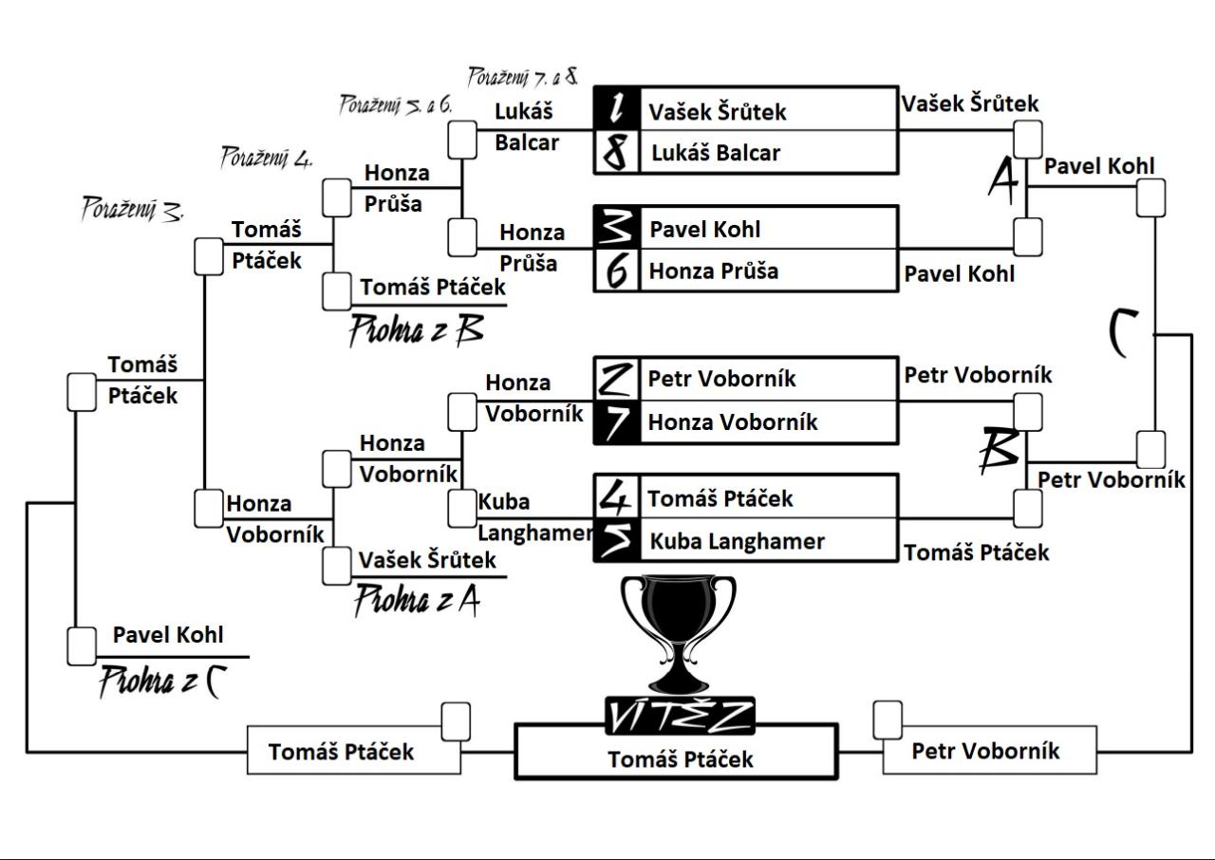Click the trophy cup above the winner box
coord(678,630)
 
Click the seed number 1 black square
coord(617,109)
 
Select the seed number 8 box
coord(617,152)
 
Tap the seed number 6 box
coord(617,271)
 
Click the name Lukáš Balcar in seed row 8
coord(715,153)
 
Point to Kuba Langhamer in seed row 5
coord(737,541)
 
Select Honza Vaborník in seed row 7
coord(732,421)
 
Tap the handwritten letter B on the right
coord(1000,452)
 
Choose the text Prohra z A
coord(417,600)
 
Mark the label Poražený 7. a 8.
coord(523,76)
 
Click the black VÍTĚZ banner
coord(680,717)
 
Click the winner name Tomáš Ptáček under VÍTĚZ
coord(680,759)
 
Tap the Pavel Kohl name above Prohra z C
coord(168,635)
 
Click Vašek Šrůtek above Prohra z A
coord(427,560)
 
